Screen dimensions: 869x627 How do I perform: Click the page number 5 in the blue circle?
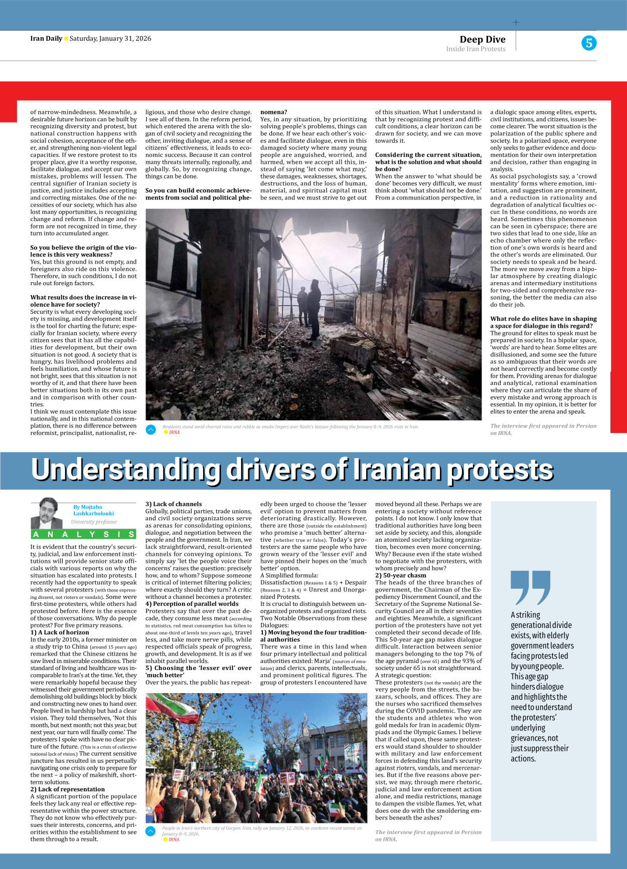589,43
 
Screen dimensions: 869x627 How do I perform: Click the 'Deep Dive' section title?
482,40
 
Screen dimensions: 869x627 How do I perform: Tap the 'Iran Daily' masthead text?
46,39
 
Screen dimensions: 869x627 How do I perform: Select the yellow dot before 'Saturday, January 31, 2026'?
66,39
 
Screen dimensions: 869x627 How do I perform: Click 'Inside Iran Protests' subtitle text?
476,49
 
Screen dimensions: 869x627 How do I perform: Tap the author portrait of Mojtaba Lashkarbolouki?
46,513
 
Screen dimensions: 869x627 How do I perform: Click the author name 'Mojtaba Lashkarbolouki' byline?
93,510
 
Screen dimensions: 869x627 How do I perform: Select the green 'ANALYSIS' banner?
83,534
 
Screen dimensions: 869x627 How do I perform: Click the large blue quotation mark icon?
530,587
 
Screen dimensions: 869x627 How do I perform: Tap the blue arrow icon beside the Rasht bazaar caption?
150,429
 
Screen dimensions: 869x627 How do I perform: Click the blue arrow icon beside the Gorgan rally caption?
150,831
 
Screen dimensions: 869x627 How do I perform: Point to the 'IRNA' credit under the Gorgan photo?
174,839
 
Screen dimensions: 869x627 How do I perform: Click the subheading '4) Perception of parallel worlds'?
192,604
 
